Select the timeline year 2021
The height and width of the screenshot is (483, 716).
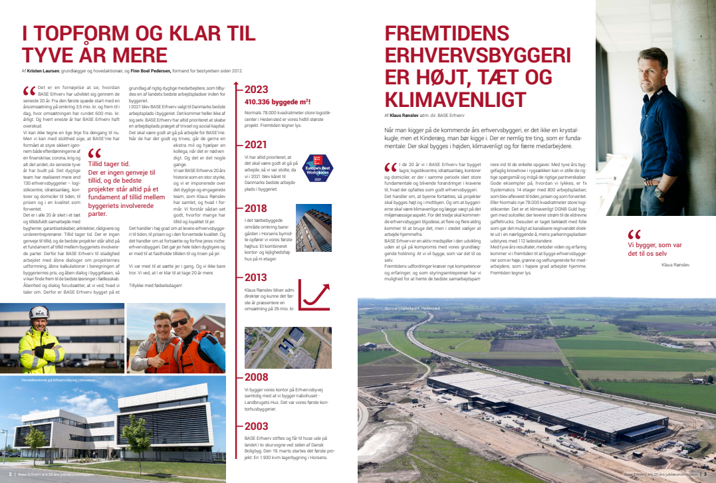click(x=256, y=144)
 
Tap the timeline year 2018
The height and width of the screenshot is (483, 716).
click(x=256, y=209)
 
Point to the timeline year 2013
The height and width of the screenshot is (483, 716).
click(x=256, y=278)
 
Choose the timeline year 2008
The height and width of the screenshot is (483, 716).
click(x=256, y=377)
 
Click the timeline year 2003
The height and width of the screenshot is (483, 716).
click(x=256, y=426)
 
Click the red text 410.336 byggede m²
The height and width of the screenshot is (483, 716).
click(x=278, y=102)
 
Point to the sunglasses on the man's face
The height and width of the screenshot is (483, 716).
click(x=179, y=323)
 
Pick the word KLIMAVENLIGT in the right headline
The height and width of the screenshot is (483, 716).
click(x=455, y=100)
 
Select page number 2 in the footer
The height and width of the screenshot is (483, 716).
click(x=11, y=474)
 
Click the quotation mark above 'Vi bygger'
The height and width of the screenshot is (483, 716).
click(x=634, y=235)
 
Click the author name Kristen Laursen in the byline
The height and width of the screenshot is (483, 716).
click(x=43, y=70)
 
